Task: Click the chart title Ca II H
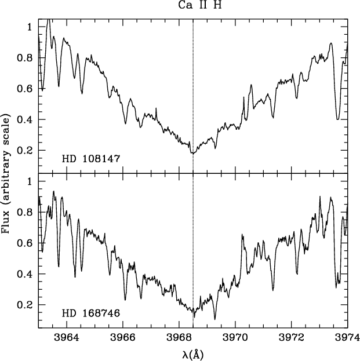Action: (200, 5)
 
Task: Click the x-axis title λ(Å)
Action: (193, 355)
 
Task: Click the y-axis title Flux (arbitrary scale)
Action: (6, 174)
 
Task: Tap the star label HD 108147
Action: (91, 159)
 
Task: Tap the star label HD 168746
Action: (91, 313)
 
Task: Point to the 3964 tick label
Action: (67, 337)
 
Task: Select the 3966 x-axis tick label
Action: (123, 337)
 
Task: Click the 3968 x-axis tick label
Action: (179, 337)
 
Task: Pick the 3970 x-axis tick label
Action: (235, 337)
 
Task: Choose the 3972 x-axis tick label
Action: (292, 337)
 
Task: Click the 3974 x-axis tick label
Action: (347, 337)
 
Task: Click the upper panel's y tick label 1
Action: (29, 27)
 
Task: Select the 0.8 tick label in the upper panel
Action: (24, 58)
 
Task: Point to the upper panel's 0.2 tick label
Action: (24, 150)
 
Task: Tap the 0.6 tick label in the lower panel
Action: (24, 243)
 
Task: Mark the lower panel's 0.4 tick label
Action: (24, 274)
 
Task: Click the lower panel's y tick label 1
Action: (29, 181)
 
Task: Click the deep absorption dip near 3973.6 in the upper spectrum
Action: (337, 119)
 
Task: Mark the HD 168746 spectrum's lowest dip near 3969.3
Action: (215, 319)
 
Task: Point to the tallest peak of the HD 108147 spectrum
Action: (49, 20)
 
